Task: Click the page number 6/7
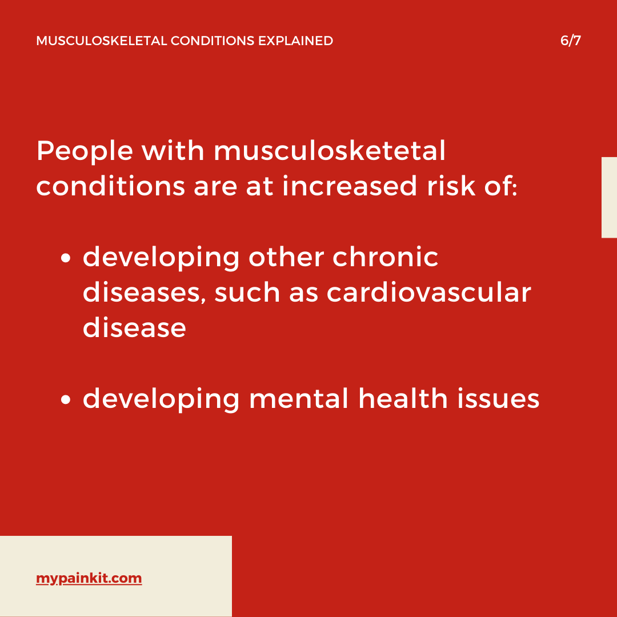point(571,41)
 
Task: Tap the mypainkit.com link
point(89,578)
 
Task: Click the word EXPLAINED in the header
point(295,41)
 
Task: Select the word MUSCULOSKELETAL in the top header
point(102,41)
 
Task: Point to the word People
point(85,151)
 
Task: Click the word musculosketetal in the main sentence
point(330,150)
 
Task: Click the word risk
point(451,186)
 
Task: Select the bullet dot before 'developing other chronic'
point(66,258)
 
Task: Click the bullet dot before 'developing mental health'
point(66,400)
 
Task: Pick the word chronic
point(385,257)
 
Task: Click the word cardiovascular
point(429,293)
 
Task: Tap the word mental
point(299,399)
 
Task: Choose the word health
point(403,399)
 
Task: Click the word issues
point(498,399)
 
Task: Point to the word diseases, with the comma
point(144,293)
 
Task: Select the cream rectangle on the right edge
point(609,198)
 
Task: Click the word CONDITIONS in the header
point(213,41)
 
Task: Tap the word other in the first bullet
point(286,257)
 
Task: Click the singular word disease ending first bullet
point(134,328)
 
